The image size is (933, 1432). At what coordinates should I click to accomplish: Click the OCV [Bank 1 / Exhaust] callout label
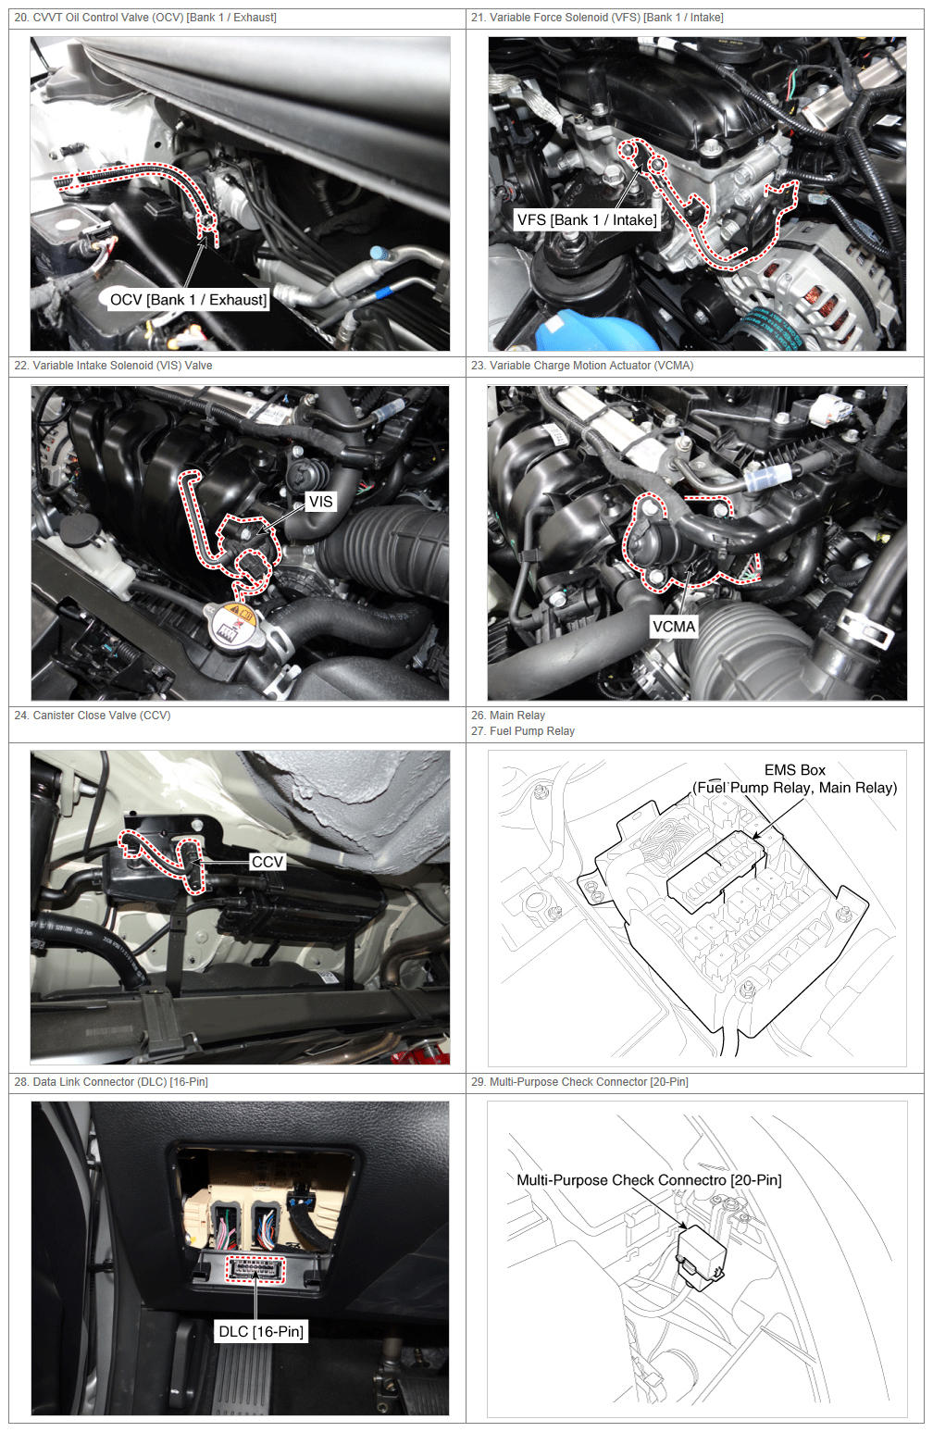(188, 300)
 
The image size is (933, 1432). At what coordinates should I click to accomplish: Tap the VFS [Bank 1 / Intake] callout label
(587, 220)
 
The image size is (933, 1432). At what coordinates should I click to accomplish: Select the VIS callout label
(320, 501)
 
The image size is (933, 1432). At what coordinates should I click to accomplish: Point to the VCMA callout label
(674, 627)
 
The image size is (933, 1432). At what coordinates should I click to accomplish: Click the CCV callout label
(267, 862)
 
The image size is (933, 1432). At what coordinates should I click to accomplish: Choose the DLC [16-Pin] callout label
(261, 1331)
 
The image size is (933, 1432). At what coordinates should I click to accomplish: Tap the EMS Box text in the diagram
(795, 770)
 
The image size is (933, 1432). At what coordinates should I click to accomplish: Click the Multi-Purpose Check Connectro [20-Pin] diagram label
(649, 1179)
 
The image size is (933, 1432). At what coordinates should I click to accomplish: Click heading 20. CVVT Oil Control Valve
(145, 18)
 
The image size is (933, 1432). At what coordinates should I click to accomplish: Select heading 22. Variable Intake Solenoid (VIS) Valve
(113, 365)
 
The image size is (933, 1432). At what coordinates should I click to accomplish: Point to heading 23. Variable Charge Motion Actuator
(582, 365)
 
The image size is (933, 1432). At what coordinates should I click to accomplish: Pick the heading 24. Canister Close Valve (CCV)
(93, 715)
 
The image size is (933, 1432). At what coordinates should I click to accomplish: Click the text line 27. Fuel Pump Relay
(523, 730)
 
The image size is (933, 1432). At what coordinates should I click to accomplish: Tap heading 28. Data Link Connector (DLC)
(111, 1082)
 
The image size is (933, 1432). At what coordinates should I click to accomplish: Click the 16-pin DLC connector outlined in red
(255, 1268)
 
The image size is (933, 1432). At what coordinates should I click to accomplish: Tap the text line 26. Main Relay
(508, 715)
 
